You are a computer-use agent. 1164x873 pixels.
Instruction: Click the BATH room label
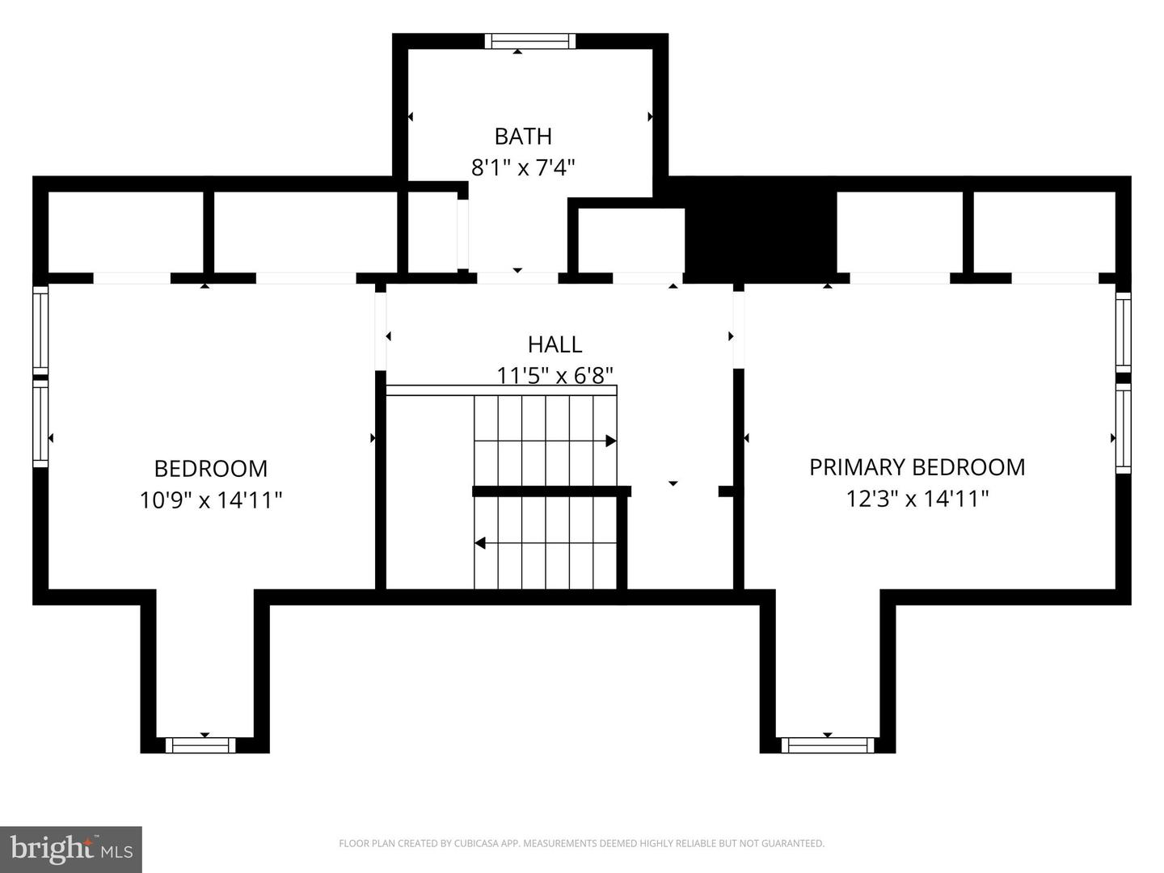pyautogui.click(x=523, y=136)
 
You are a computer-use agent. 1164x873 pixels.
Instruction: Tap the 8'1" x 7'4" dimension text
pyautogui.click(x=523, y=168)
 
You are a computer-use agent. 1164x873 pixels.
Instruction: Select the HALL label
pyautogui.click(x=555, y=344)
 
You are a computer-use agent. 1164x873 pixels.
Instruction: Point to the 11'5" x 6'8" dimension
pyautogui.click(x=555, y=376)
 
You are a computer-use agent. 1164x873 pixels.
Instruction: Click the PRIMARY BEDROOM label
pyautogui.click(x=917, y=467)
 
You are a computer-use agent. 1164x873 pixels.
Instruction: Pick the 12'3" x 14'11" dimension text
pyautogui.click(x=917, y=499)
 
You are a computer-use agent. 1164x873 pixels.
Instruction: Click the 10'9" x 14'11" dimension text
pyautogui.click(x=211, y=500)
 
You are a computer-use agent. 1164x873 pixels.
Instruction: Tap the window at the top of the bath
pyautogui.click(x=530, y=41)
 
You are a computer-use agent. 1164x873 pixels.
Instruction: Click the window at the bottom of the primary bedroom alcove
pyautogui.click(x=828, y=744)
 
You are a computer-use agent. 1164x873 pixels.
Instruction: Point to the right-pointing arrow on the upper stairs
pyautogui.click(x=610, y=441)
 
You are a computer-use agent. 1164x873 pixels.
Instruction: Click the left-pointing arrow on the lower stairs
pyautogui.click(x=480, y=543)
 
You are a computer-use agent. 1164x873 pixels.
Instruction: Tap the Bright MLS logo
pyautogui.click(x=71, y=849)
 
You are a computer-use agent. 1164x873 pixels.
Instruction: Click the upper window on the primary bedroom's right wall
pyautogui.click(x=1123, y=331)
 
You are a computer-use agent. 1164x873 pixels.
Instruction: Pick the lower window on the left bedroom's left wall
pyautogui.click(x=40, y=424)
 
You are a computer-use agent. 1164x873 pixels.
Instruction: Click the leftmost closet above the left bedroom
pyautogui.click(x=125, y=232)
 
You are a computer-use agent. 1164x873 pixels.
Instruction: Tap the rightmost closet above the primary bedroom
pyautogui.click(x=1044, y=232)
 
